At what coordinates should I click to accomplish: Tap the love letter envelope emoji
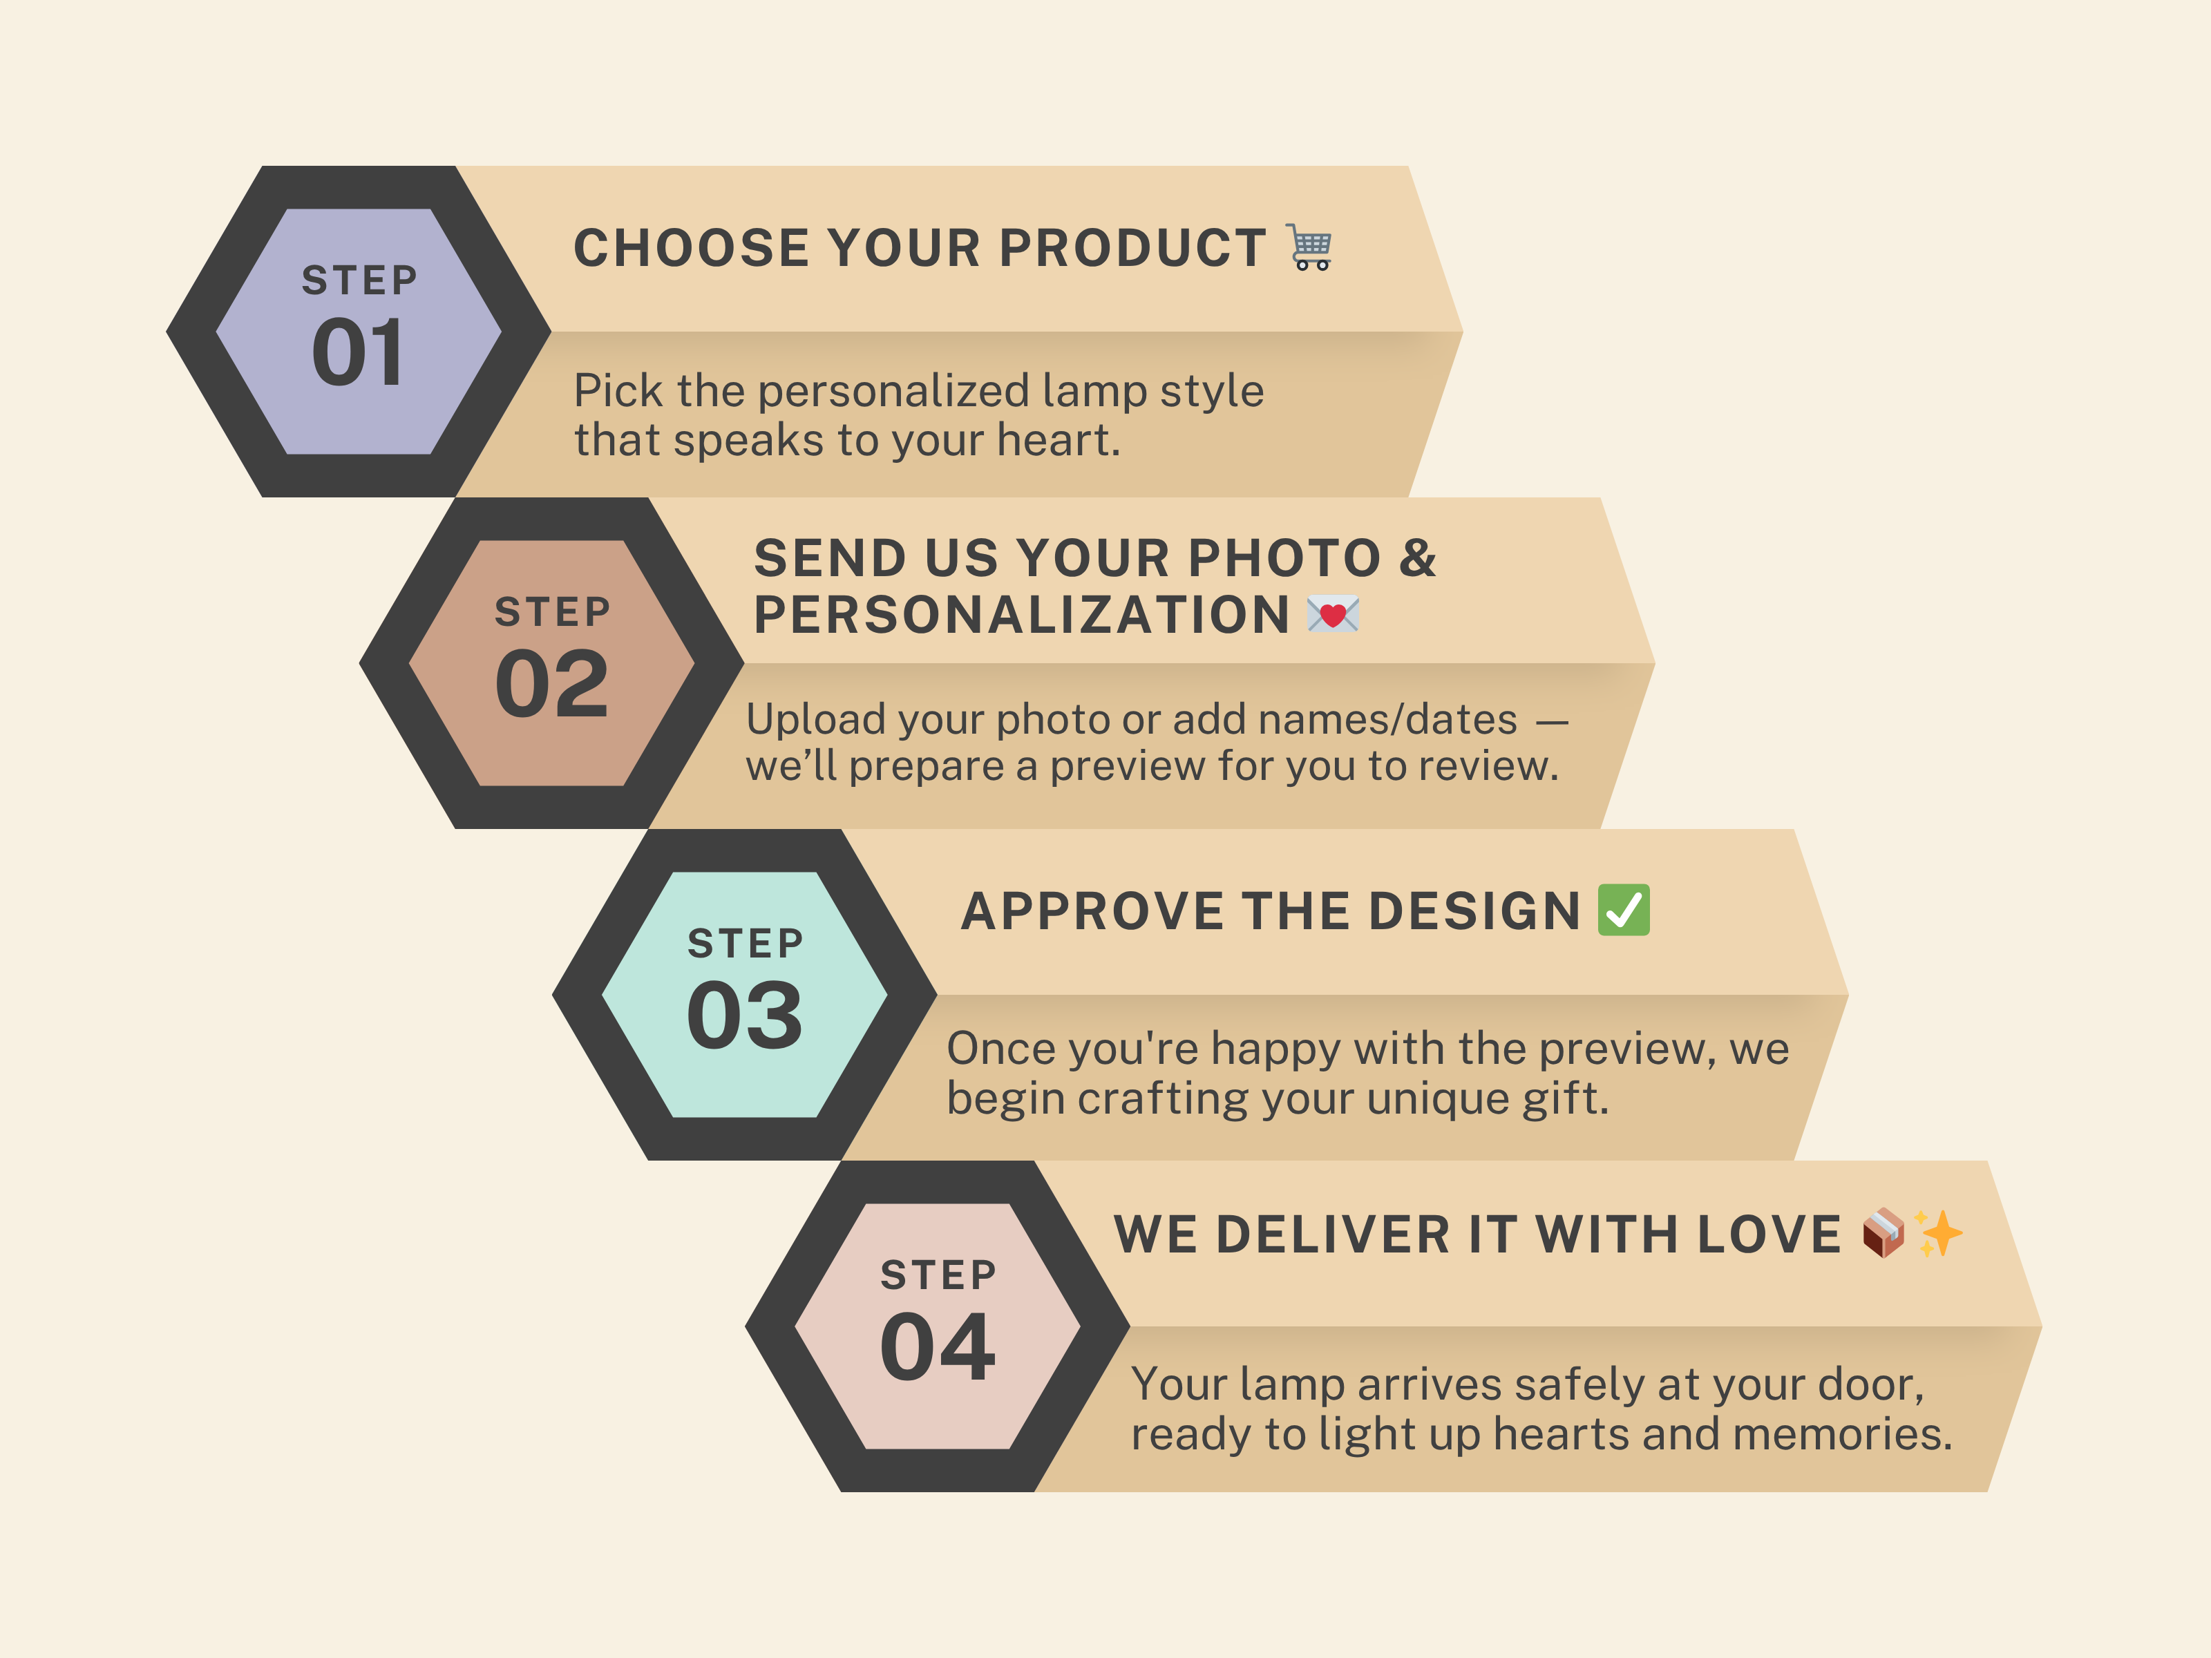coord(1332,613)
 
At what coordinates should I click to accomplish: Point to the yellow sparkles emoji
coord(1939,1233)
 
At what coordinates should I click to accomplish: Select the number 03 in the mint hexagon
coord(745,1016)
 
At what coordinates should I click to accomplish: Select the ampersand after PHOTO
coord(1417,558)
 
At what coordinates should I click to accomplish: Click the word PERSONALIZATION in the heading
coord(1021,613)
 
